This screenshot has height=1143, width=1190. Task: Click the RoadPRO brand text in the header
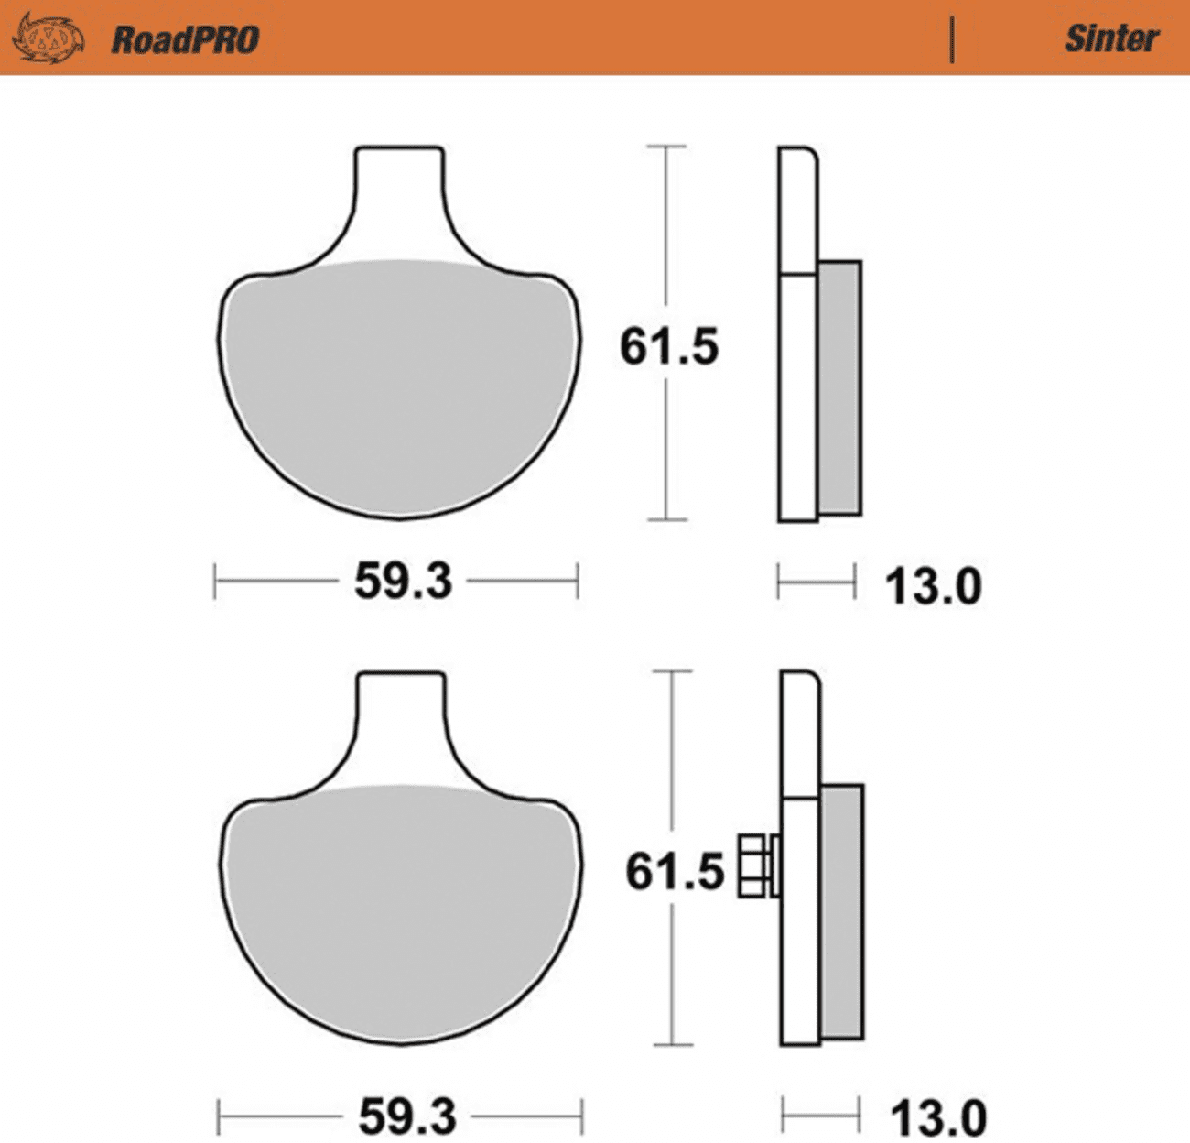click(185, 39)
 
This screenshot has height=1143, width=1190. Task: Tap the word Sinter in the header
click(1110, 38)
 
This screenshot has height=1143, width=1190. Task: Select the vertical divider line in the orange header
click(952, 39)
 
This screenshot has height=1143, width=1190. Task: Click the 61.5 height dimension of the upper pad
click(669, 347)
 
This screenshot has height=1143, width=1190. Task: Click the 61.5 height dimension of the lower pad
click(675, 871)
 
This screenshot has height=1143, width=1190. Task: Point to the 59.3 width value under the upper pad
click(403, 582)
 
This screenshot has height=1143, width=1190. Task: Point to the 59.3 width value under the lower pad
click(406, 1116)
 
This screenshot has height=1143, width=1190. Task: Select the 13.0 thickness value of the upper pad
click(933, 586)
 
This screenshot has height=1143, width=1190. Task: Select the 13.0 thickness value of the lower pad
click(937, 1118)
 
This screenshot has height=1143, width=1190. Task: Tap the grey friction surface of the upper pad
click(400, 385)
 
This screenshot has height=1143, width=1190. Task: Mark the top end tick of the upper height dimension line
click(665, 146)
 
